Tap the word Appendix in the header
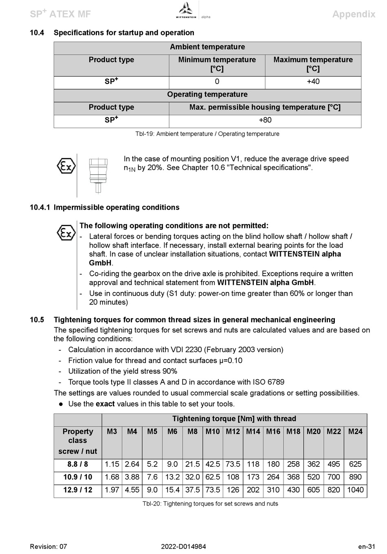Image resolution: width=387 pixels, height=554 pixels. click(x=354, y=14)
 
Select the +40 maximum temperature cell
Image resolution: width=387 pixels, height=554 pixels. click(x=313, y=81)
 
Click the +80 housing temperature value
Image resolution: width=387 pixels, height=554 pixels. click(x=265, y=120)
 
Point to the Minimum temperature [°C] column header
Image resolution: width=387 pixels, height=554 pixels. click(x=217, y=64)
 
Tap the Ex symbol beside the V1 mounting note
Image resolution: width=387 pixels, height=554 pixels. click(x=66, y=166)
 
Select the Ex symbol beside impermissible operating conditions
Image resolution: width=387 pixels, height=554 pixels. click(x=66, y=233)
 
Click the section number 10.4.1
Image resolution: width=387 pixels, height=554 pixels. click(x=40, y=207)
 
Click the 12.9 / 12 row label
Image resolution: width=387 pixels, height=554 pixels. click(x=77, y=490)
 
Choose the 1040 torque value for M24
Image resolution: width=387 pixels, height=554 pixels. click(x=355, y=490)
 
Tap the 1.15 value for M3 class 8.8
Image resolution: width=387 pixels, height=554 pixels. click(x=112, y=464)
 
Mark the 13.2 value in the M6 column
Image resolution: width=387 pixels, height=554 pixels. click(x=172, y=477)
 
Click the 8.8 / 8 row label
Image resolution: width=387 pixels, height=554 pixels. click(x=77, y=464)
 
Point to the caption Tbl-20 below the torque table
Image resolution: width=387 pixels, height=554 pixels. click(x=210, y=504)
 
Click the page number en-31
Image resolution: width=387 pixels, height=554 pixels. click(x=367, y=547)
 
